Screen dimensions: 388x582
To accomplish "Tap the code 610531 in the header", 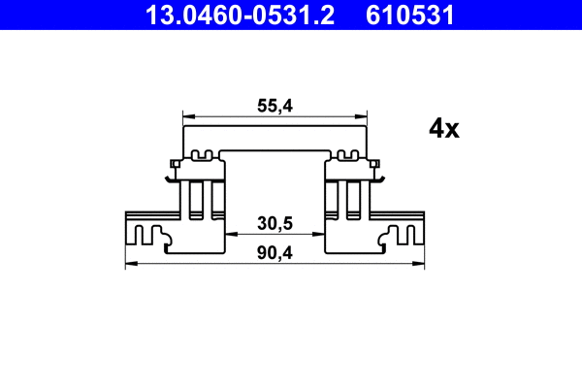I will coord(408,15).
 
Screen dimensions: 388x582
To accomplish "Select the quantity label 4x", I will coord(443,129).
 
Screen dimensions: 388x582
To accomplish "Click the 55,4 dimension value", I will coord(275,109).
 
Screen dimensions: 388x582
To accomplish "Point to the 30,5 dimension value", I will coord(275,223).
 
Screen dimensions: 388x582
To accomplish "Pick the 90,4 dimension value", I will coord(275,252).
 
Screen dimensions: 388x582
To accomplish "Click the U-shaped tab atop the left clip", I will coord(204,154).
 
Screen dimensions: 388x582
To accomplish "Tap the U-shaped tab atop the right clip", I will coord(347,154).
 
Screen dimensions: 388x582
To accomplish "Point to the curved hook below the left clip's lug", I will coord(170,177).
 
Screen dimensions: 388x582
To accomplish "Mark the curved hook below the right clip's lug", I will coord(381,177).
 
